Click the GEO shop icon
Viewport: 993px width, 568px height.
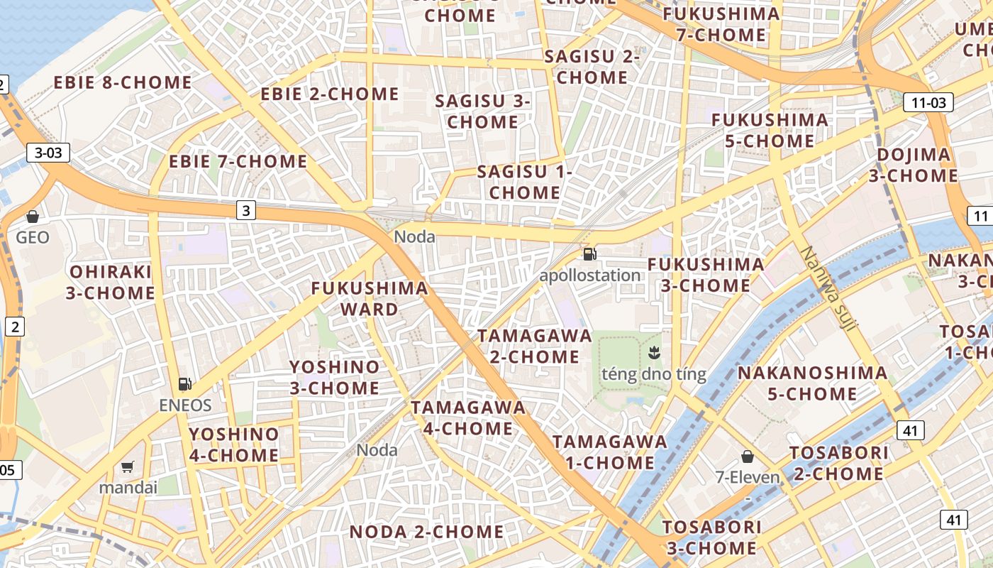(x=32, y=217)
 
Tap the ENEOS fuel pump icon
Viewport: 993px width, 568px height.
(x=185, y=384)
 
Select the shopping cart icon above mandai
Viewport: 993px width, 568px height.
(x=128, y=466)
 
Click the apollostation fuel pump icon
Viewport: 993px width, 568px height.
(x=589, y=254)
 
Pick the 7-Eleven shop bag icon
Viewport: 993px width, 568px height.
(x=747, y=456)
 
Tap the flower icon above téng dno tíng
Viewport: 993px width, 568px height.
(x=653, y=351)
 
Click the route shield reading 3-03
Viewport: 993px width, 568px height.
(x=49, y=152)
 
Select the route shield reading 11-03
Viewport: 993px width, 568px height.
(x=928, y=102)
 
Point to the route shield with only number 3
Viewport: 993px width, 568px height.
(x=245, y=210)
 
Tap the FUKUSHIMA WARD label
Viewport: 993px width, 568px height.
(x=370, y=298)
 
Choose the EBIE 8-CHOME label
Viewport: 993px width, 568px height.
(x=123, y=82)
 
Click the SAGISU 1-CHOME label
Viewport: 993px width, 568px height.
(x=525, y=182)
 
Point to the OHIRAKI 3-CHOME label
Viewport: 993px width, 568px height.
(x=111, y=282)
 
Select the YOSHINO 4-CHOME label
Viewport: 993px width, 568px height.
(x=234, y=444)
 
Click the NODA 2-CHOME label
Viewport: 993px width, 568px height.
(x=427, y=532)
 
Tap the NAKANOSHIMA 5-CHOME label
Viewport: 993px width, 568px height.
(x=812, y=383)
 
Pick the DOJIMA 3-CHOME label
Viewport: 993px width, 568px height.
(x=914, y=165)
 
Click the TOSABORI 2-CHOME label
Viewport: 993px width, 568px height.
(x=839, y=463)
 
